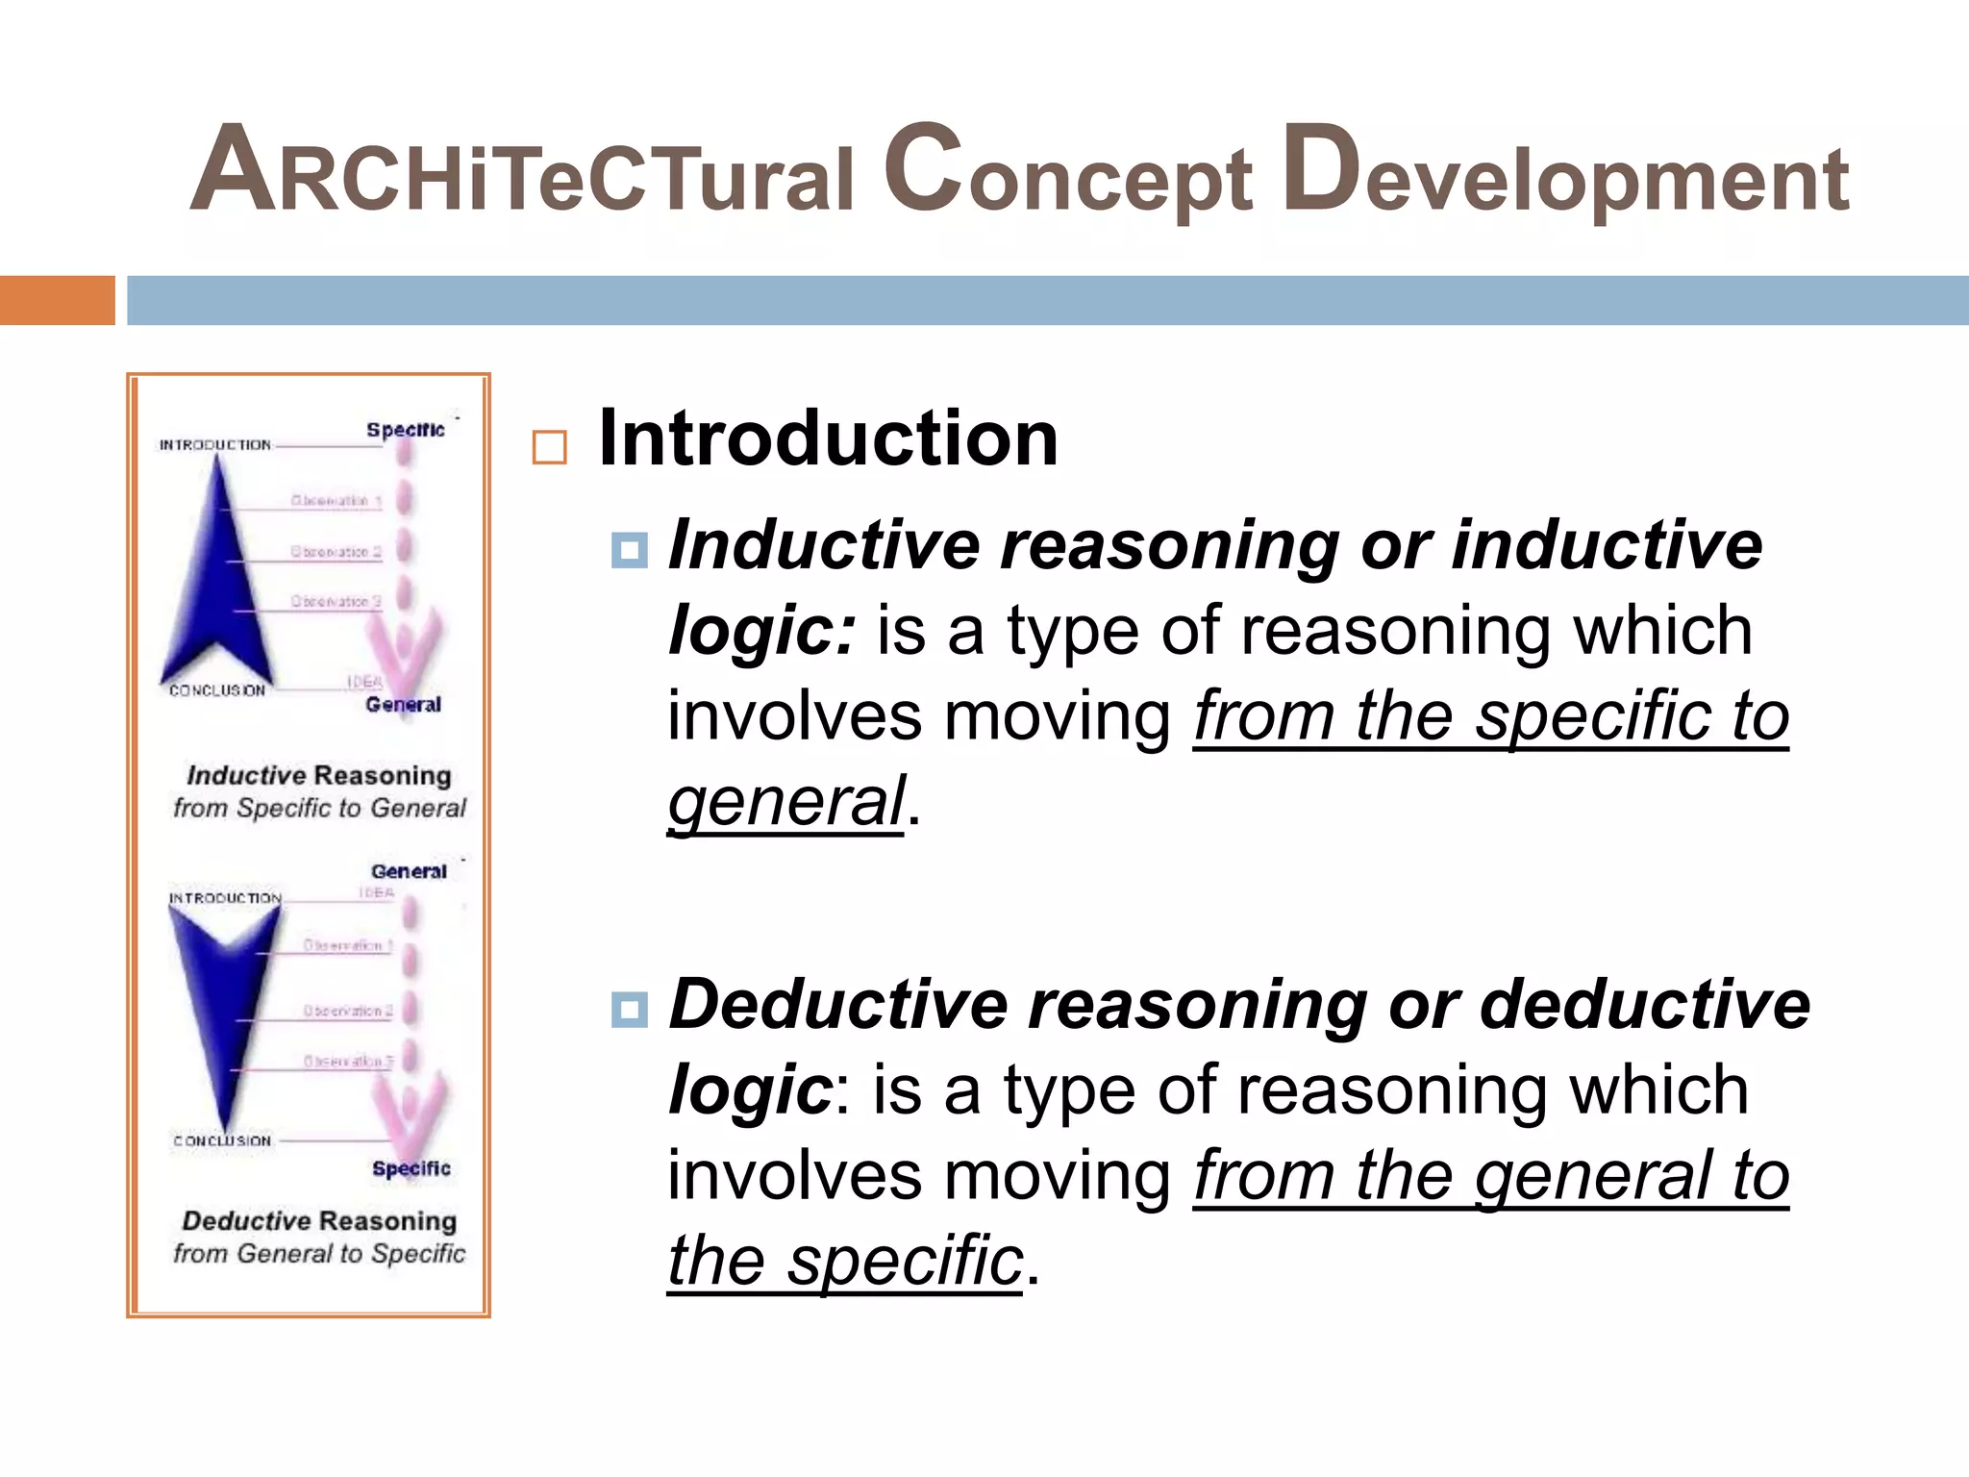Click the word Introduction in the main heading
tap(828, 438)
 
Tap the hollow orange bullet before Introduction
tap(549, 447)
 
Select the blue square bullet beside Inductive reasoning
tap(630, 550)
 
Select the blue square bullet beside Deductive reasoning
tap(630, 1010)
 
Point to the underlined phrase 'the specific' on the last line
tap(845, 1261)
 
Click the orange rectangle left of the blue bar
tap(57, 300)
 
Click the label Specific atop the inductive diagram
tap(405, 430)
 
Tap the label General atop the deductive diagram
tap(409, 871)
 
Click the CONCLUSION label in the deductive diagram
tap(222, 1140)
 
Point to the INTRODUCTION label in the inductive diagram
tap(215, 445)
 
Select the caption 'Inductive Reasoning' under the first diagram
tap(319, 775)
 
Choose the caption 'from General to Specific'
tap(319, 1253)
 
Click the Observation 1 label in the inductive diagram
tap(336, 501)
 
